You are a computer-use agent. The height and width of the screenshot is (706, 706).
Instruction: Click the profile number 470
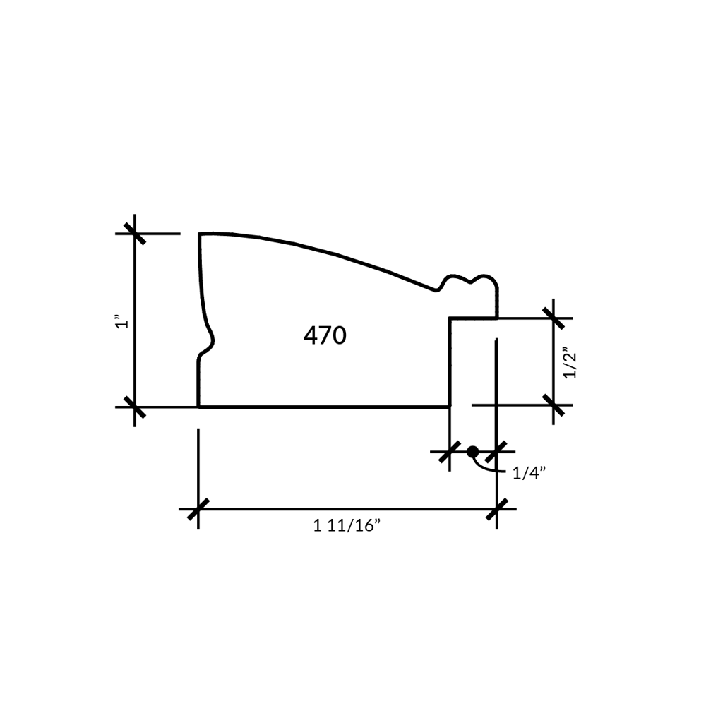[325, 335]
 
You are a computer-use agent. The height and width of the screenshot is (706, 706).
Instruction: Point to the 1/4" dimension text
[529, 473]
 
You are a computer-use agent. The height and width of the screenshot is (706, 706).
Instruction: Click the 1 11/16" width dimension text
[347, 525]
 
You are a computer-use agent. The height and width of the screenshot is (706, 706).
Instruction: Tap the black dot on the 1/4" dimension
[473, 452]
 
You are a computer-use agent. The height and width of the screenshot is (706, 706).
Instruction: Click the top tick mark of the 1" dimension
[135, 234]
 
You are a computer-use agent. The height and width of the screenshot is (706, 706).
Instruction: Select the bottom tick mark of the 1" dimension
[135, 407]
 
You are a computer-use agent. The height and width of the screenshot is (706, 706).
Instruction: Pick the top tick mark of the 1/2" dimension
[554, 318]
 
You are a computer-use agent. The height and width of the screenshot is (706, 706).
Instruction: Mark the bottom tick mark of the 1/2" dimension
[554, 405]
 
